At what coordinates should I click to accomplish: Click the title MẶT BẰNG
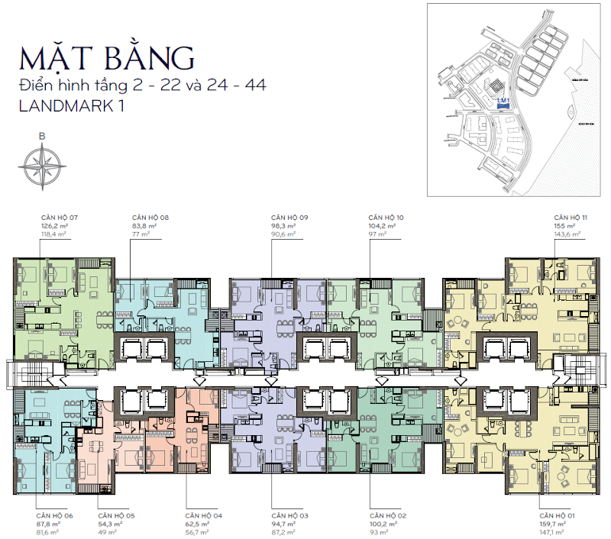pyautogui.click(x=107, y=58)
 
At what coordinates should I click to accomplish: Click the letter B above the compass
pyautogui.click(x=41, y=137)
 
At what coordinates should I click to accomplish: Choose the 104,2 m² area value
pyautogui.click(x=384, y=226)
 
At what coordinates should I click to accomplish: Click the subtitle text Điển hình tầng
pyautogui.click(x=70, y=85)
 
